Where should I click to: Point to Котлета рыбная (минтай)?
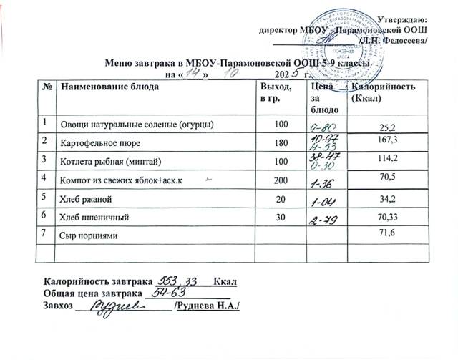coord(108,159)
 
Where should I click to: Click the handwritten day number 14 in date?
coord(193,73)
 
